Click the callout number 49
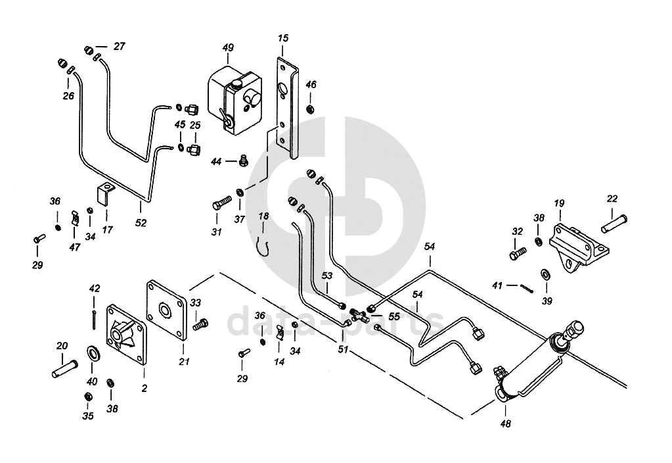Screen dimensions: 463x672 coord(228,47)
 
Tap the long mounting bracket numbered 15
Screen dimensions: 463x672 coord(287,105)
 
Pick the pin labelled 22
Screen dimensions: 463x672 coord(615,226)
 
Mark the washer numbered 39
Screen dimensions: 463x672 coord(546,273)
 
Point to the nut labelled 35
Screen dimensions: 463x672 coord(88,397)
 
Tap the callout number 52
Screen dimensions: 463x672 coord(141,223)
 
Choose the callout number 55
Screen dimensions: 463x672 coord(394,316)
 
